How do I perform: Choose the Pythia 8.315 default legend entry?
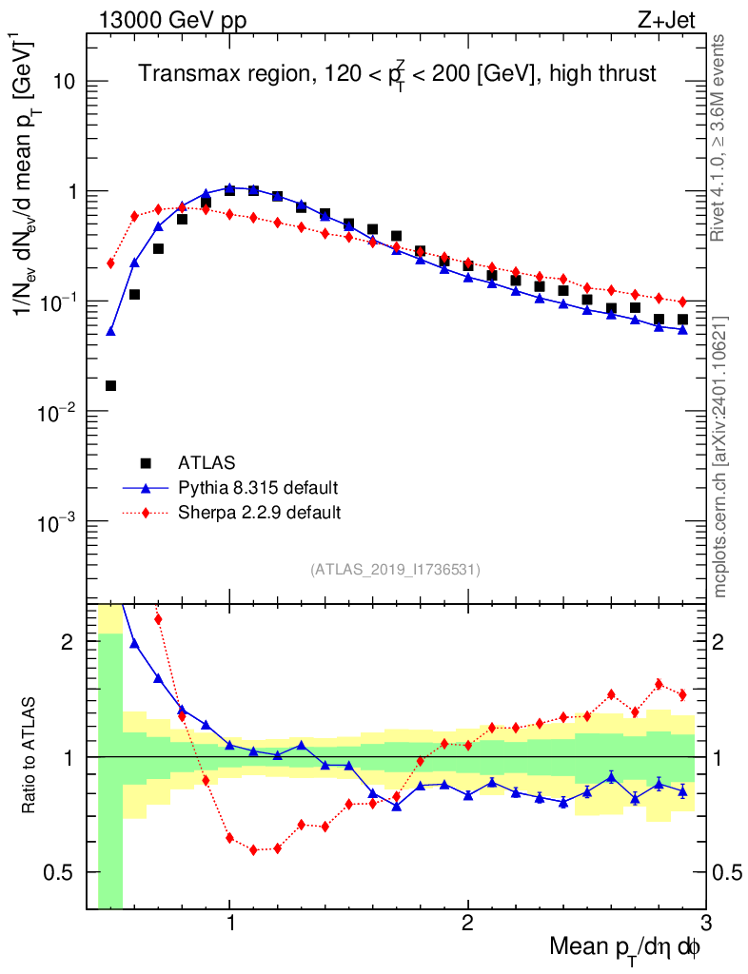click(257, 488)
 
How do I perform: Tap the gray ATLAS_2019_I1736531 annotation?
click(395, 570)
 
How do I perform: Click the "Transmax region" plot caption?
click(398, 74)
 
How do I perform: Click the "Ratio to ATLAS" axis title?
click(30, 757)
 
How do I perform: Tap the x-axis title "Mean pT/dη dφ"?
click(625, 948)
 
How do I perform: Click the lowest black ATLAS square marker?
click(110, 385)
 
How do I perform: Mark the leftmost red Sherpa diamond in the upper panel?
click(110, 263)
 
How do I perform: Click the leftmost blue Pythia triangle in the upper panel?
click(110, 331)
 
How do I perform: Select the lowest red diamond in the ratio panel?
click(254, 849)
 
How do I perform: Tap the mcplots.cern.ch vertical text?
click(721, 457)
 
